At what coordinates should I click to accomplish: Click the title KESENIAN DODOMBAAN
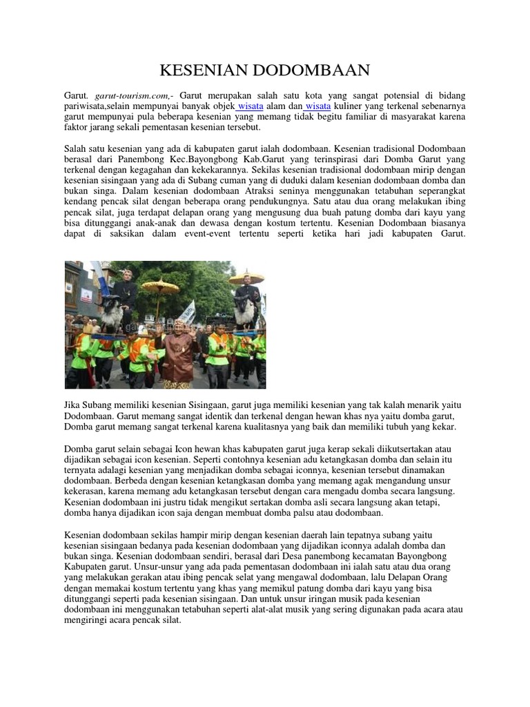pyautogui.click(x=265, y=70)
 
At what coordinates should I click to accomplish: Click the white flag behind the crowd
pyautogui.click(x=187, y=311)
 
